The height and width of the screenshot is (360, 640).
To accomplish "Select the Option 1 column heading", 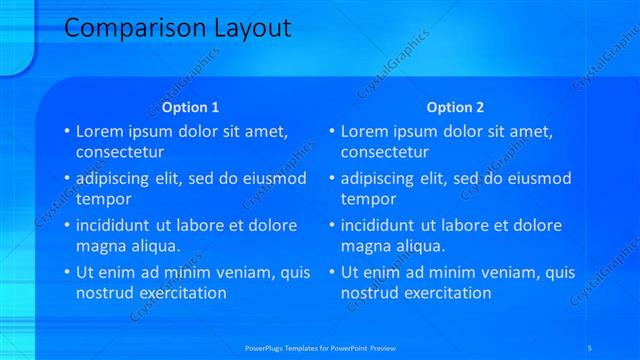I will click(x=189, y=107).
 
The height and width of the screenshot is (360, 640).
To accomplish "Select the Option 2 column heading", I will click(x=454, y=107).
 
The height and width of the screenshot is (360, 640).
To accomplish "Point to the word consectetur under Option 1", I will click(x=121, y=153).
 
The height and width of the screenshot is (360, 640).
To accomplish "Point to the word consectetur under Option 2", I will click(x=386, y=153).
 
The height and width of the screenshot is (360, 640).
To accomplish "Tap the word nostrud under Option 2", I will click(x=371, y=293).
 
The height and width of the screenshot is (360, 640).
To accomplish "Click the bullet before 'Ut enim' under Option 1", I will click(x=66, y=272).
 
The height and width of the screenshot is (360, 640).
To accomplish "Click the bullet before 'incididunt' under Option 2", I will click(x=331, y=225).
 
